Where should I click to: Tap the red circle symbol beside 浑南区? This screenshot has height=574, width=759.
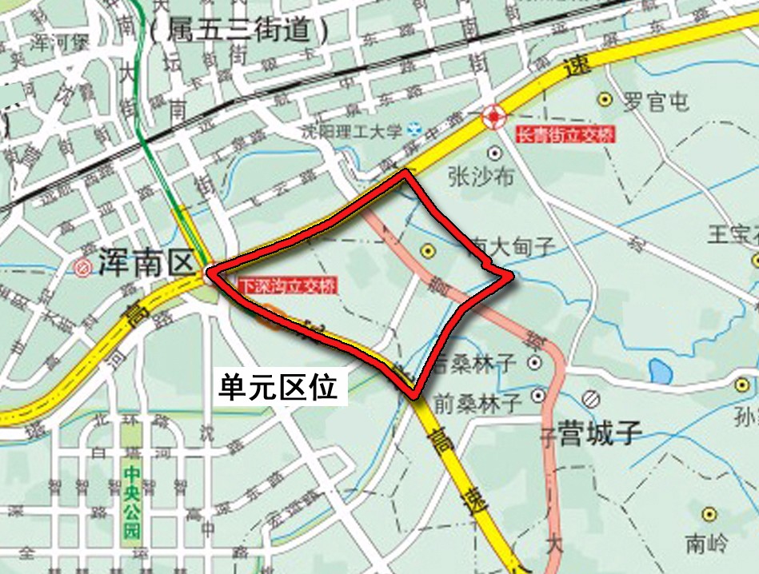pos(82,267)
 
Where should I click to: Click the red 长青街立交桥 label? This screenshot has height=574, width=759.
pos(566,135)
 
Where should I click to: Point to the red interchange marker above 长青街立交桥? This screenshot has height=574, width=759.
pos(493,119)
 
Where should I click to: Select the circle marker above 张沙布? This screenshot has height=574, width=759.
pos(495,152)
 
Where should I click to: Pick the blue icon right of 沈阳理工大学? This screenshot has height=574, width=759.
pos(413,129)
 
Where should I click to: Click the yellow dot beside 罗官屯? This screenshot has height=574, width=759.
pos(605,100)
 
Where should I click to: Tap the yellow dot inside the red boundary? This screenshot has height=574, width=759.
pos(428,251)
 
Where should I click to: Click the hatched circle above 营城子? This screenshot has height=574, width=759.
pos(591,397)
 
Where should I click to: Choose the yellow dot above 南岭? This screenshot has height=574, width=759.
pos(708,514)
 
